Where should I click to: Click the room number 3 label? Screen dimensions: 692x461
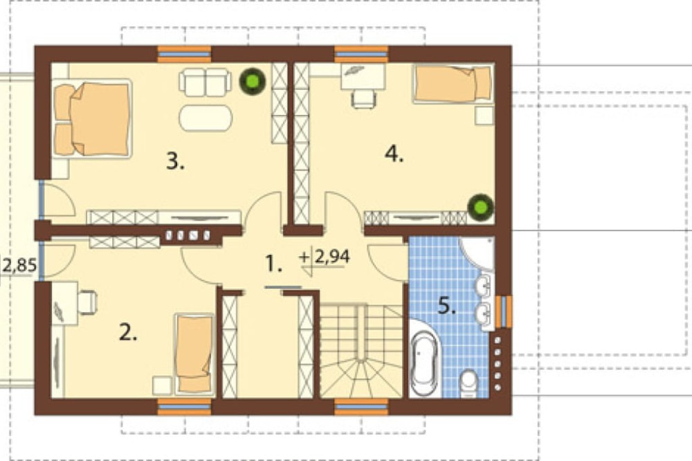(x=175, y=161)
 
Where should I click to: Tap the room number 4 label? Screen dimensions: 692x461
(x=394, y=154)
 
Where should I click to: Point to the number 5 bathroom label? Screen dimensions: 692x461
(x=446, y=305)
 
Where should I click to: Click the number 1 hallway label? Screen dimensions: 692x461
(x=273, y=264)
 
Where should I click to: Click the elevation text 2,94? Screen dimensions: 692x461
(x=332, y=257)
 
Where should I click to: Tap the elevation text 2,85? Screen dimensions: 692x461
(x=19, y=266)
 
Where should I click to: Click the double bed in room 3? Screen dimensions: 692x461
(x=92, y=118)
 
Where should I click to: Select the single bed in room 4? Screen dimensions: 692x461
(x=453, y=84)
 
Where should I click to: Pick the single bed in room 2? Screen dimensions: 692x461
(x=194, y=354)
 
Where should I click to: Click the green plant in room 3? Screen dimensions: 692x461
(x=253, y=81)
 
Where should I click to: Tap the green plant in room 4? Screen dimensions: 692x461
(x=481, y=207)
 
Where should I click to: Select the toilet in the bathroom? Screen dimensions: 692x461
(x=468, y=383)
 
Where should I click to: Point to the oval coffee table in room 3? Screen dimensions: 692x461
(x=206, y=118)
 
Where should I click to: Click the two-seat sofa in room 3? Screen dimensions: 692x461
(x=206, y=82)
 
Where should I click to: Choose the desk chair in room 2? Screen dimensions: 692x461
(x=87, y=302)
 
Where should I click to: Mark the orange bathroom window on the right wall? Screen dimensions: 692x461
(x=504, y=311)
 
